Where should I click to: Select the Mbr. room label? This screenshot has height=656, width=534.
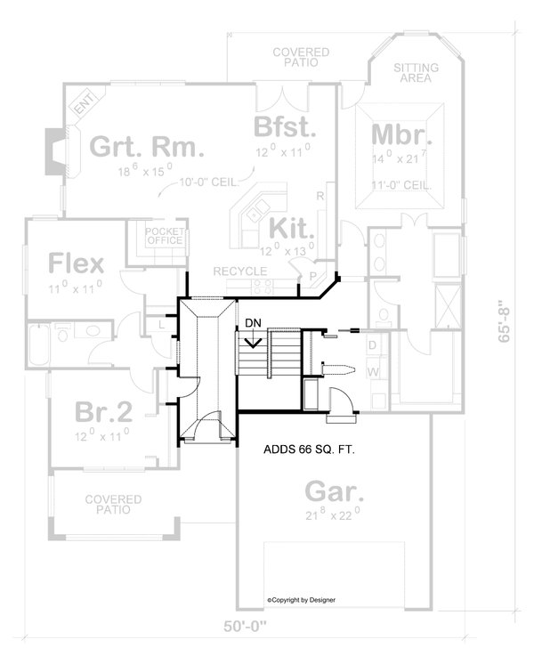[x=400, y=134]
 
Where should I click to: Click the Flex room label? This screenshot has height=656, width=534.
[x=76, y=263]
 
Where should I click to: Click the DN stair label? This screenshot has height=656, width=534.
[x=253, y=322]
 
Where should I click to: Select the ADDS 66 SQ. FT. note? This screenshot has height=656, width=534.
[x=311, y=450]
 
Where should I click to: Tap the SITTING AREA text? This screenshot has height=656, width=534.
[x=412, y=72]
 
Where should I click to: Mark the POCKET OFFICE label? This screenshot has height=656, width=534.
[x=165, y=236]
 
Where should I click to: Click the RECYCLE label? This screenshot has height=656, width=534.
[x=239, y=271]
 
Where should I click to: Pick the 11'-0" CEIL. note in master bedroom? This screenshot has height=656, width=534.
[x=403, y=185]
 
